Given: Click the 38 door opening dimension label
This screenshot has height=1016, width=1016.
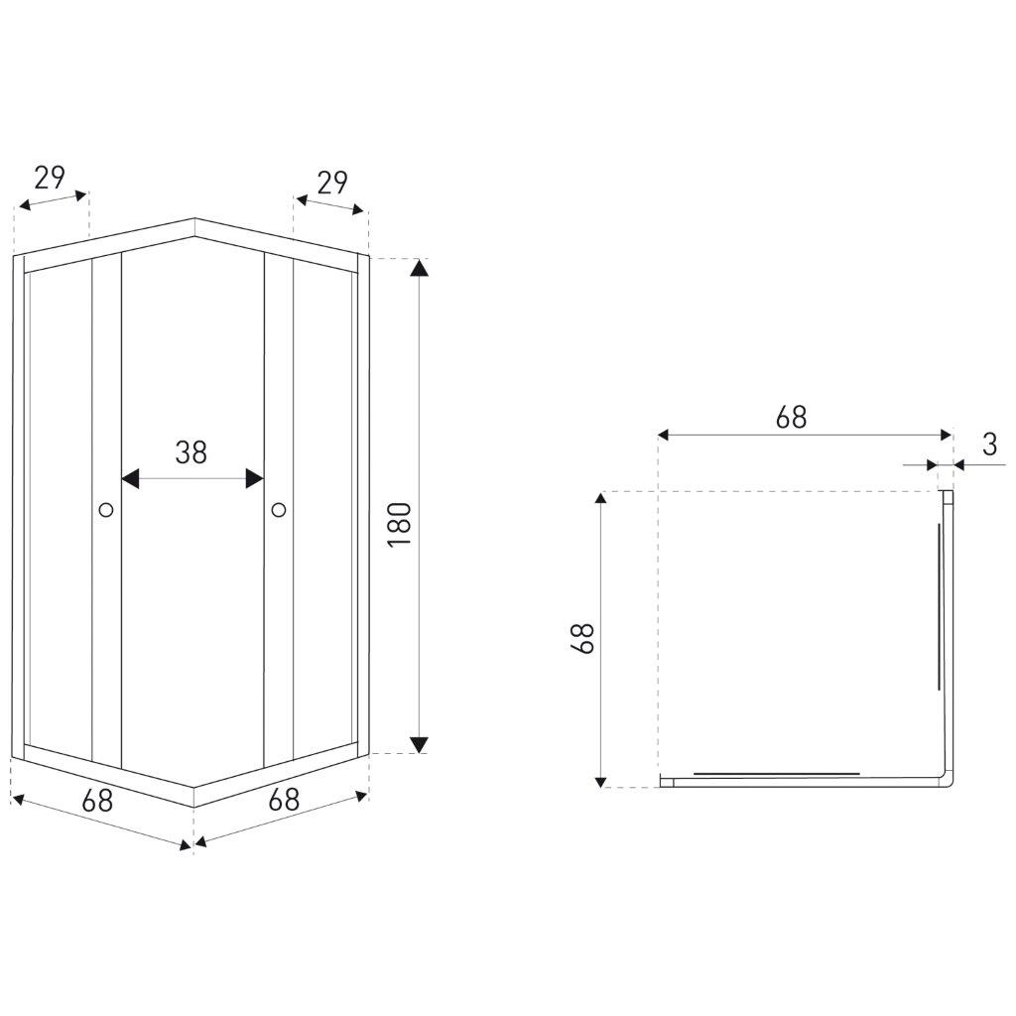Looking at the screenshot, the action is coord(191,452).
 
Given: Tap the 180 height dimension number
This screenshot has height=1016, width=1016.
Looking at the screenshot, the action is coord(400,524).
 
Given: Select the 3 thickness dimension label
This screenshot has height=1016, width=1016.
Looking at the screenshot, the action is coord(989,444).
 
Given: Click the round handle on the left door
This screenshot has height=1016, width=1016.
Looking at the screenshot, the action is coord(106,509).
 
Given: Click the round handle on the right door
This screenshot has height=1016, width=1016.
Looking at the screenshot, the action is coord(279,509).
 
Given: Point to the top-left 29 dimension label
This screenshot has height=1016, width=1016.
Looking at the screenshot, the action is coord(50,177).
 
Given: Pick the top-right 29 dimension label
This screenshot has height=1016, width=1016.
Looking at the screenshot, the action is coord(332,183).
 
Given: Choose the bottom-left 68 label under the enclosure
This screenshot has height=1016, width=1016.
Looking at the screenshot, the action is coord(98,801).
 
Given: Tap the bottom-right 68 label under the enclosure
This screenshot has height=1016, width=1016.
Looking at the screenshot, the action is coord(284,800).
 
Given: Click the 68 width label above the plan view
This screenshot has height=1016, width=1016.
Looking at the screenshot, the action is coord(791,418).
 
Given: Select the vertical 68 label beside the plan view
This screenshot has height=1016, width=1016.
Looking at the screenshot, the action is coord(583,638).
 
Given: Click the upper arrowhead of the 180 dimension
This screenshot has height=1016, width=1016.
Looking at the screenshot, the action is coord(420,267).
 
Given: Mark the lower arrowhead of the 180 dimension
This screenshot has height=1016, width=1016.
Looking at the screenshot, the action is coord(420,744).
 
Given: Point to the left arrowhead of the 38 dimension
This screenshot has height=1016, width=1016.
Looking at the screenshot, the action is coord(130,479).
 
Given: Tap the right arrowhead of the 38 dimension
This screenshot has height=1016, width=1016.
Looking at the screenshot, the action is coord(255,479).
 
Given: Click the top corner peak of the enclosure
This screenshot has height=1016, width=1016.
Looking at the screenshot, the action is coord(194,219).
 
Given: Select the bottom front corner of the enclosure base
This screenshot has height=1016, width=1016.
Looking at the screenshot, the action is coord(193,807).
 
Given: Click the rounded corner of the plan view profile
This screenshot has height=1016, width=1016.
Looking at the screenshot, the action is coord(950,783).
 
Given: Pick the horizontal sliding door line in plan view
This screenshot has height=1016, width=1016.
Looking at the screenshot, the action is coord(776,774).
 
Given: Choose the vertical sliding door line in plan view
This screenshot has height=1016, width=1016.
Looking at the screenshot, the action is coord(939,607).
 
